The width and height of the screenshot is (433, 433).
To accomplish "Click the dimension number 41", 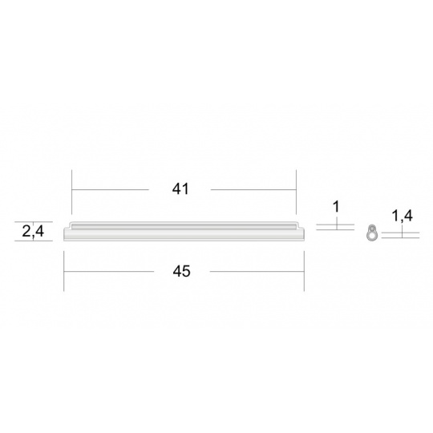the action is click(180, 189).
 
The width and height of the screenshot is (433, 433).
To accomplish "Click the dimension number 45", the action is click(181, 271).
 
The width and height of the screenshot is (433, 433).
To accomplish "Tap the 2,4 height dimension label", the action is click(33, 232).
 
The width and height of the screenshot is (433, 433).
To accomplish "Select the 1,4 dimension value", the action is click(403, 216).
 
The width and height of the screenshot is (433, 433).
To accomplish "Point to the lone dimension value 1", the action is click(336, 207).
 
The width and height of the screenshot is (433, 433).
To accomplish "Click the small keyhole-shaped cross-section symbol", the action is click(372, 233).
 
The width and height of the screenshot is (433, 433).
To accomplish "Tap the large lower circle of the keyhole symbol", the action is click(371, 236).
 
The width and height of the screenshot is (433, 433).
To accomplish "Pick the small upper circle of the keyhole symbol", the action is click(373, 229).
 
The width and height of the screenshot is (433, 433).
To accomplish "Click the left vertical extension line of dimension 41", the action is click(72, 192).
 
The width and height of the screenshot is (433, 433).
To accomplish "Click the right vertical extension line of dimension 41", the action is click(296, 192).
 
